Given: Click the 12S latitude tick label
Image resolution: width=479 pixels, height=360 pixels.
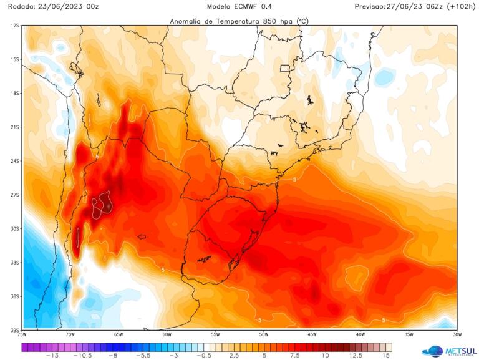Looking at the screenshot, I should coord(14,26).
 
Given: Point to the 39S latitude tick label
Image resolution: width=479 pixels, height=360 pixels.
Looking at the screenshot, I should coord(14,329).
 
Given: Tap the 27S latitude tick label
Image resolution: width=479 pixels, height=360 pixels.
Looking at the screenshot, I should coord(14,195).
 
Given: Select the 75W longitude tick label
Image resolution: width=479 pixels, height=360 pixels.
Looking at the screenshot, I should coord(22,334).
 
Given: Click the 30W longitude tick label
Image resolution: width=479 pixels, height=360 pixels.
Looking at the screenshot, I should coord(457,334).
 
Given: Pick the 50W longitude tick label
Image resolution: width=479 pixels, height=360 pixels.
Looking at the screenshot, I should coord(264,334).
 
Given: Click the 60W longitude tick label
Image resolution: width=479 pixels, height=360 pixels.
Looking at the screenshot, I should coord(167,334).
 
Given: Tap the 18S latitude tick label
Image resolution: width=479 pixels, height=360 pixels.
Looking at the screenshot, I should coord(14,93).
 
